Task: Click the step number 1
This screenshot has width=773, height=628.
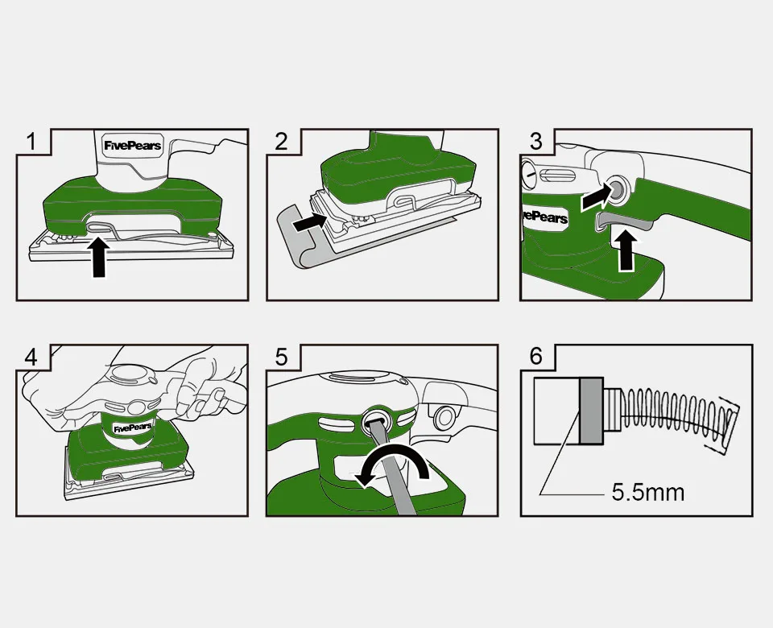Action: (x=31, y=142)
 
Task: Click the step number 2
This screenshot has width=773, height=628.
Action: (x=281, y=142)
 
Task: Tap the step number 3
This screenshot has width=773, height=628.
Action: (x=535, y=142)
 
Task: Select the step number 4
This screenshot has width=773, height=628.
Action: (x=31, y=357)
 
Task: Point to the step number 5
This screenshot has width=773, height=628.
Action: (x=281, y=357)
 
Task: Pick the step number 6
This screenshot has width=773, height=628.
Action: (x=535, y=357)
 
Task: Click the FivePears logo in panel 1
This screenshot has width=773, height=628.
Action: (x=133, y=146)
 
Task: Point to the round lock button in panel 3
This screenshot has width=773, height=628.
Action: (x=617, y=188)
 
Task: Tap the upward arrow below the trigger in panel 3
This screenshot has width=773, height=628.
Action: (x=626, y=251)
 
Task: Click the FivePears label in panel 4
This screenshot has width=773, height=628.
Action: (x=132, y=428)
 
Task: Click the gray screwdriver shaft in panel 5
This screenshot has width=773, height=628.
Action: (x=395, y=465)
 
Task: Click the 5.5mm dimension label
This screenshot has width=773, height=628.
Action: (x=647, y=493)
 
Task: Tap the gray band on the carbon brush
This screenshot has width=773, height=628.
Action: (x=592, y=411)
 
